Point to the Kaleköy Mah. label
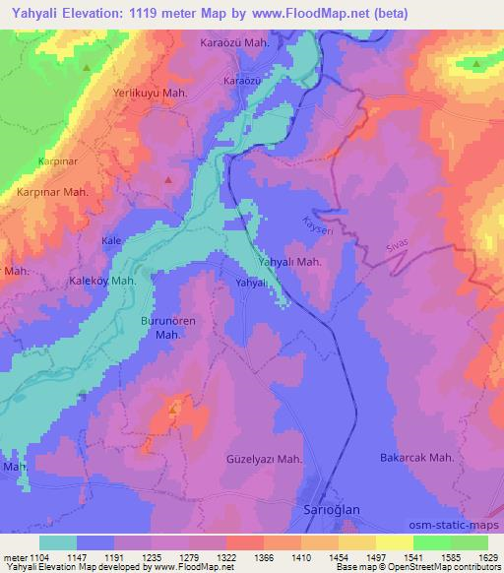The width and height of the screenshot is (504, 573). (102, 281)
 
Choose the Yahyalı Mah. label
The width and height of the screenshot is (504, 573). (289, 262)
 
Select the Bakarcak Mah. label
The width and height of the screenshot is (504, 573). (415, 458)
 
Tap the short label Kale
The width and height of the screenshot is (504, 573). (111, 239)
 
